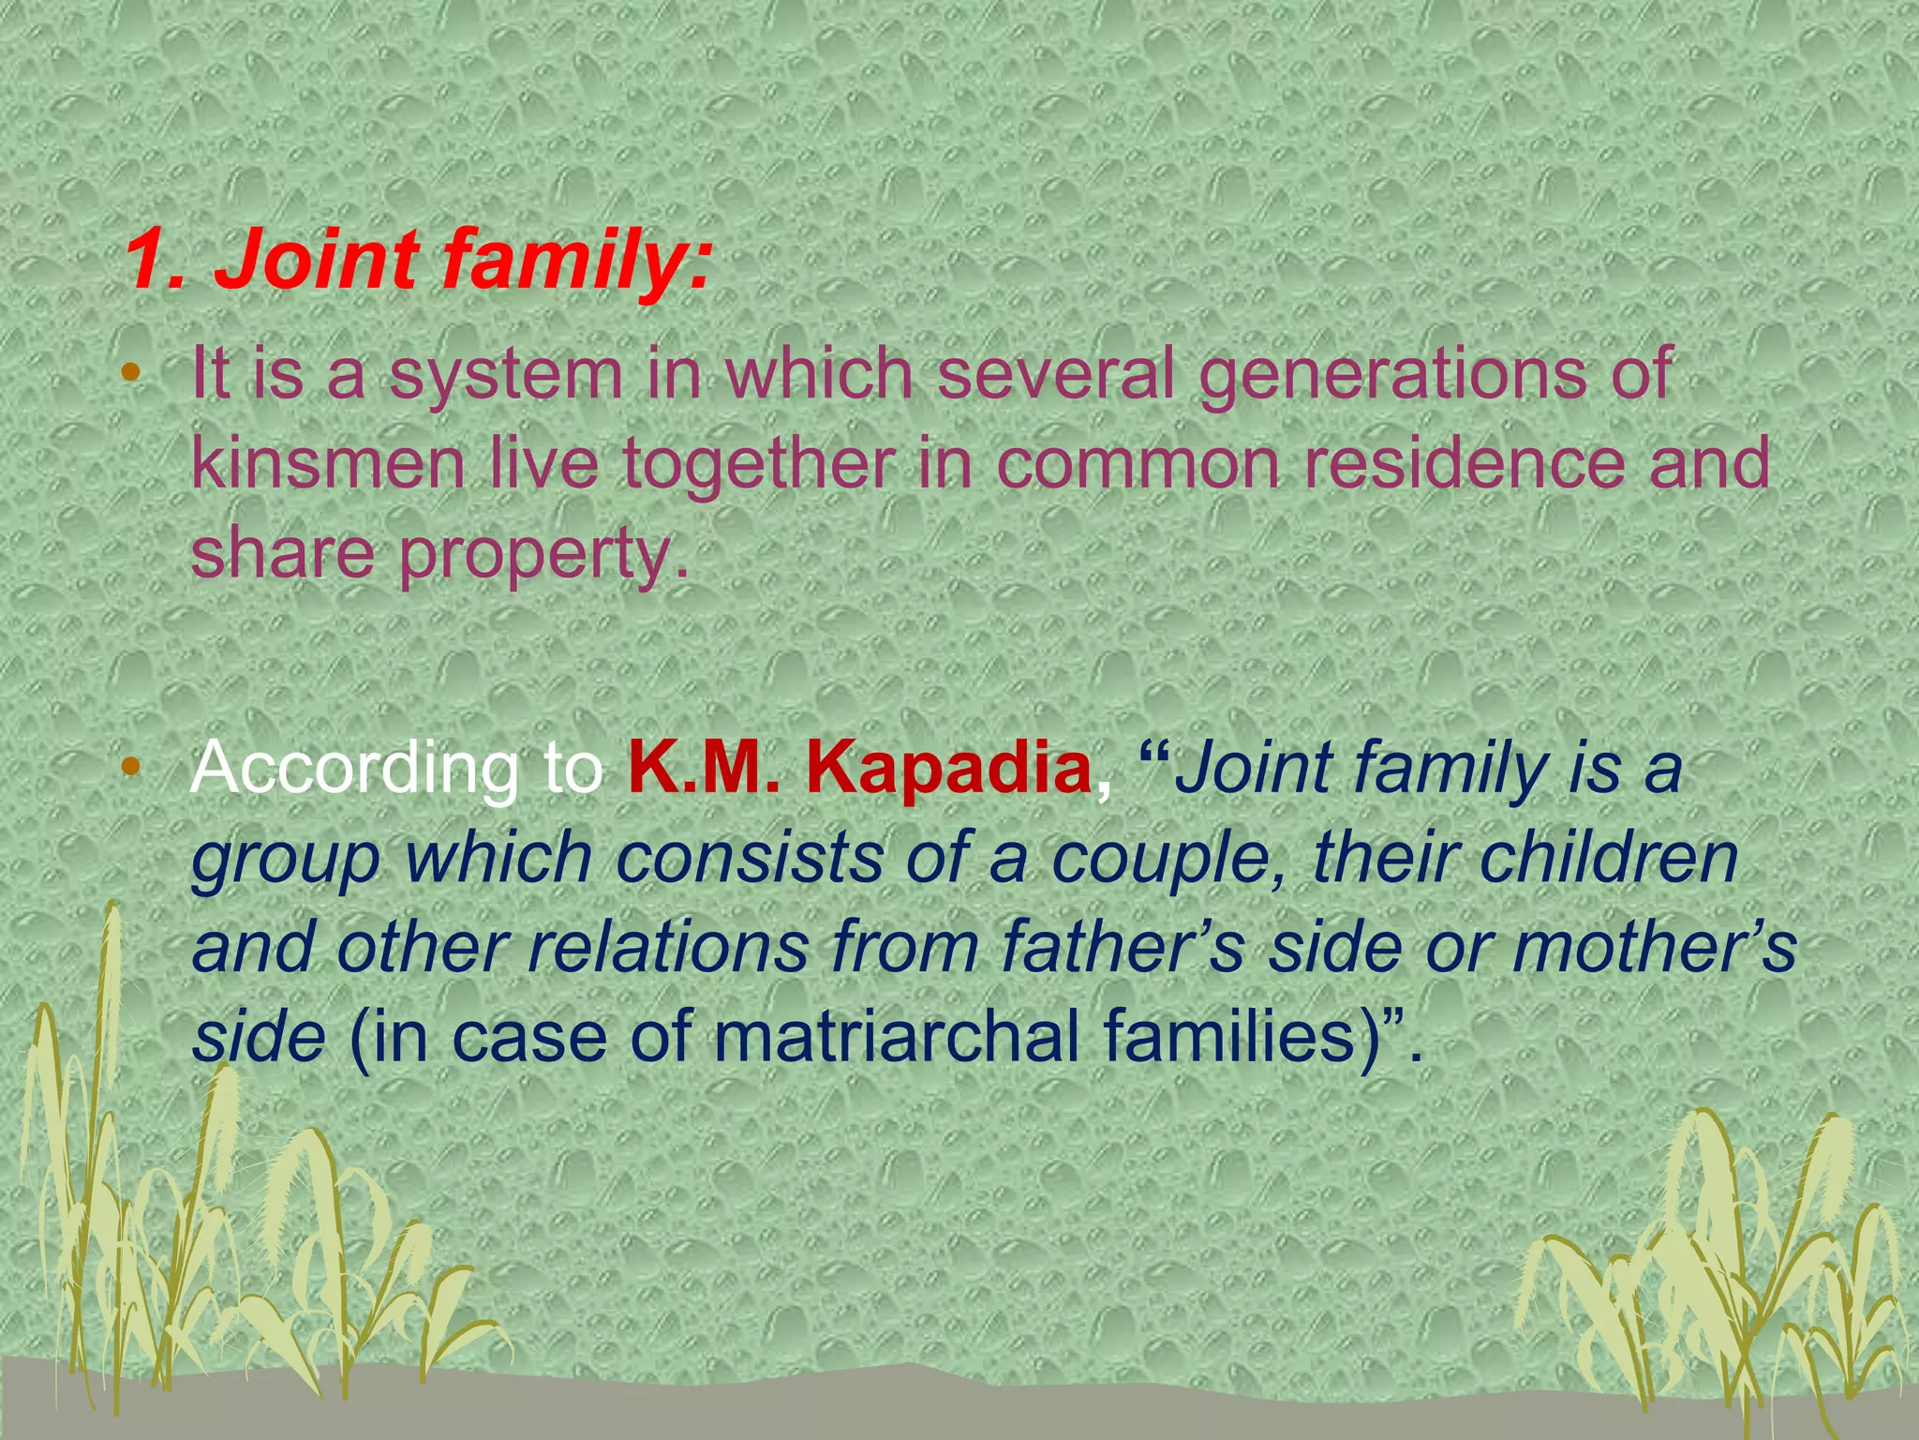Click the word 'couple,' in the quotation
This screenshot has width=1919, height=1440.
point(1171,859)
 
